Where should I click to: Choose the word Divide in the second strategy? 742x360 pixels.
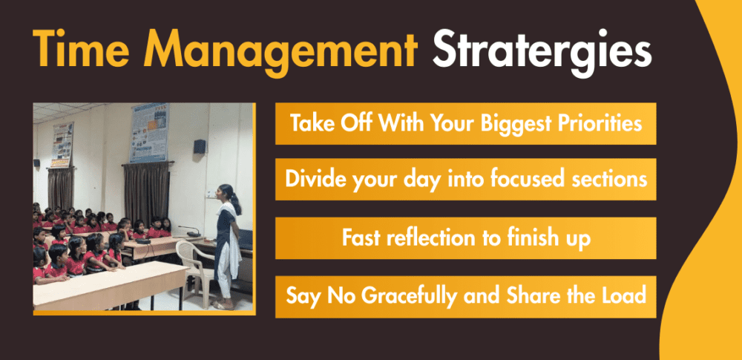[x=311, y=180]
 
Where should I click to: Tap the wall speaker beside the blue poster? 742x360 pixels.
[x=199, y=146]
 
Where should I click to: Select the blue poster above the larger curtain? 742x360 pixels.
[x=149, y=134]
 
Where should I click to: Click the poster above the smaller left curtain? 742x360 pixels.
[x=62, y=145]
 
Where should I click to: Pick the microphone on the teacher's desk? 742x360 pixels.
[x=190, y=231]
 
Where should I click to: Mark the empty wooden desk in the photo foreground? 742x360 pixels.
[x=109, y=284]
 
